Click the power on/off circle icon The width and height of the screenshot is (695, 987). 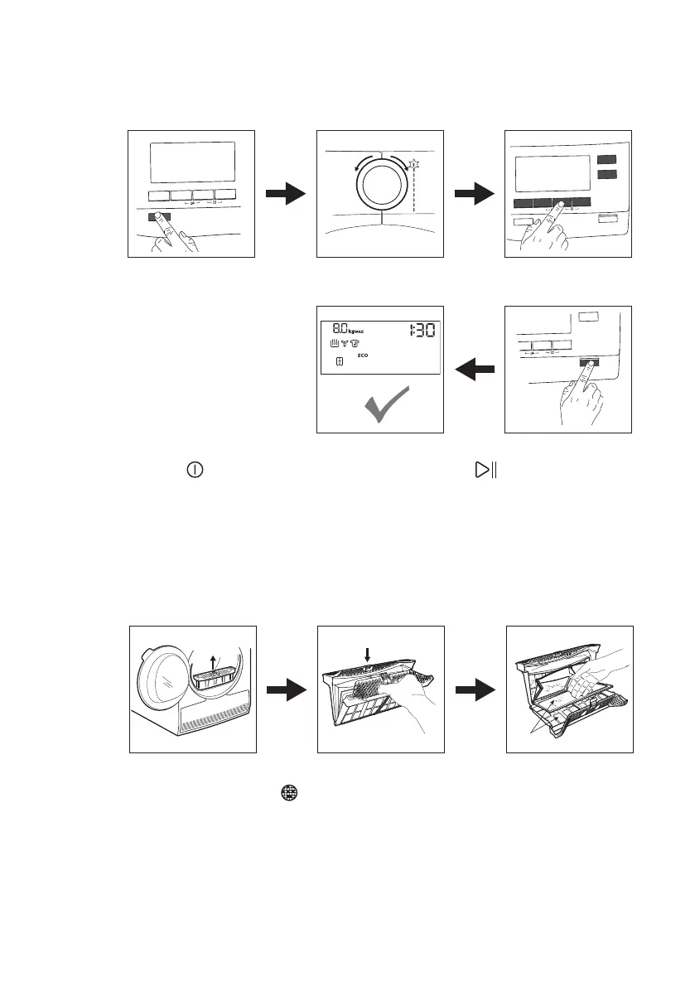[x=193, y=470]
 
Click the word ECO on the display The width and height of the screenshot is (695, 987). [x=362, y=355]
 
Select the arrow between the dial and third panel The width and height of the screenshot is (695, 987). [x=474, y=195]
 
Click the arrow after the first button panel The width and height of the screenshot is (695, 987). [x=285, y=195]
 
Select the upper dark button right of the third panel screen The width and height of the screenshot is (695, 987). [x=607, y=158]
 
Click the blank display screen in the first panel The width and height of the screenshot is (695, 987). [x=191, y=161]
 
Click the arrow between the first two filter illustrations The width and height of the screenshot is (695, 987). [x=285, y=690]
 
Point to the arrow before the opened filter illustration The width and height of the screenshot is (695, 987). [x=474, y=690]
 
